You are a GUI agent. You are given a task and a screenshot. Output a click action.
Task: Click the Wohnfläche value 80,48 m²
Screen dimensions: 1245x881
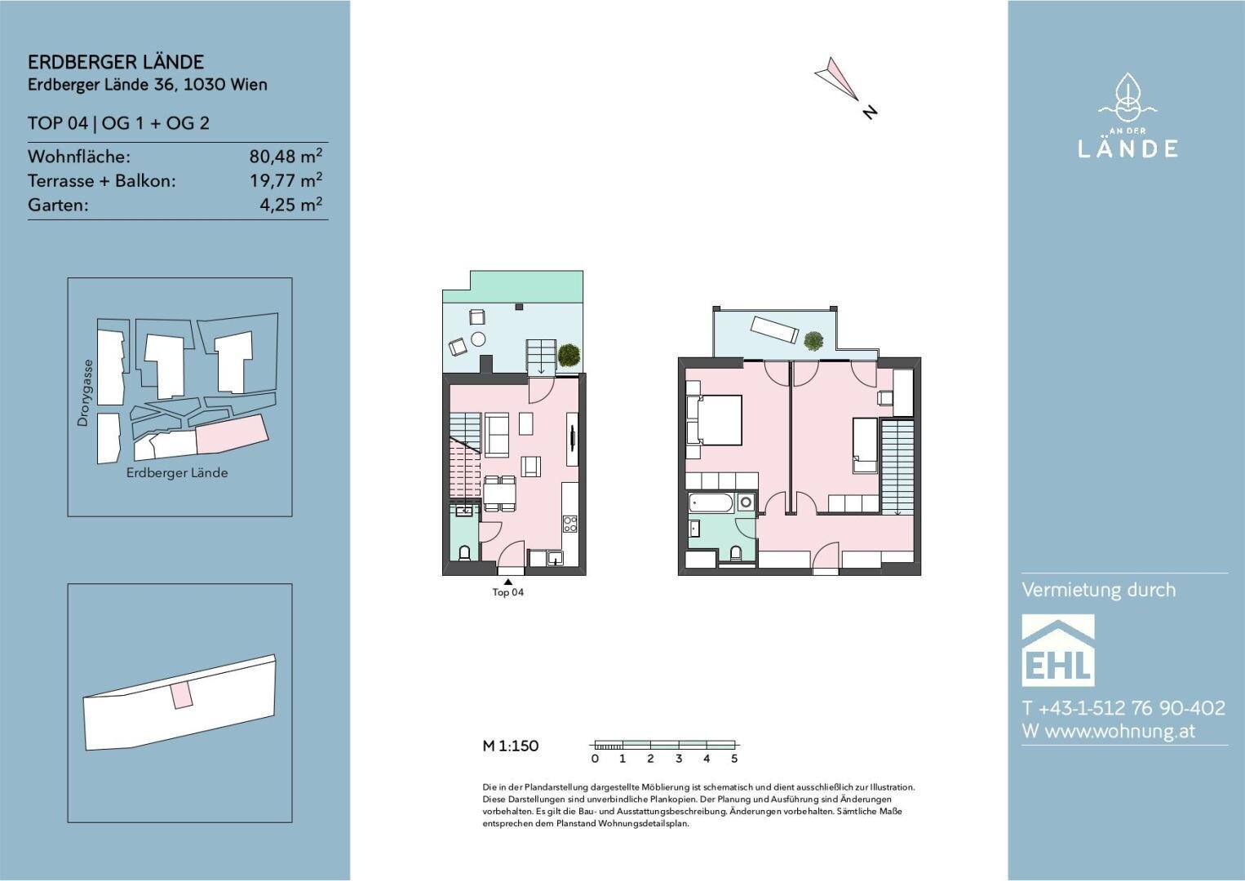286,156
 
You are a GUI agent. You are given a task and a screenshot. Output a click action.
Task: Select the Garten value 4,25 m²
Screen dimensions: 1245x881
290,204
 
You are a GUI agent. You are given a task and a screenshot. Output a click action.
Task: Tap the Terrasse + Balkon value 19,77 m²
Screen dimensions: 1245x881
286,180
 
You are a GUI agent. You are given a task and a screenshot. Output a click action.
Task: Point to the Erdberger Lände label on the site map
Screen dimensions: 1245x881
177,472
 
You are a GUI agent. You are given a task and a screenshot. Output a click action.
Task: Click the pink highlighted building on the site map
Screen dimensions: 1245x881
233,434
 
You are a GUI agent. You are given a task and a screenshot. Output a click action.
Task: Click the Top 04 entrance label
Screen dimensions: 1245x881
507,592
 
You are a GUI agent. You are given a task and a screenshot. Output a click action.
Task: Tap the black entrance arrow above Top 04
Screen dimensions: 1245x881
507,582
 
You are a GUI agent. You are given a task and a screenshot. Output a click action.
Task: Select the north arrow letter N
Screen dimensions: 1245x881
869,112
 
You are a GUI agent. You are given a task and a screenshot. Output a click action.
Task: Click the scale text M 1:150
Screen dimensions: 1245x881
510,746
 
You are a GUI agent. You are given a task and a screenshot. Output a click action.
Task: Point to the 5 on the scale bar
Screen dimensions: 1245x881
734,758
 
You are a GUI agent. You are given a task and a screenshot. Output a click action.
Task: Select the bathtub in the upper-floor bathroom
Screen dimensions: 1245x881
711,503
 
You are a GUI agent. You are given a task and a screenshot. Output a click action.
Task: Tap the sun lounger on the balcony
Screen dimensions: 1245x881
774,330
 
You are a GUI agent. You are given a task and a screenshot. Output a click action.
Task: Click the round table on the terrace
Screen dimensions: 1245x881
478,339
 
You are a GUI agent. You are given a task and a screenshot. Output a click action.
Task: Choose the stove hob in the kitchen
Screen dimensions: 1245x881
570,525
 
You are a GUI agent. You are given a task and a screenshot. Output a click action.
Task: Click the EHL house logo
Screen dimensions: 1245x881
1058,650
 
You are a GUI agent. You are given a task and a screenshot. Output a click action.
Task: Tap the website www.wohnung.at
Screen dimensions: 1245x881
1120,731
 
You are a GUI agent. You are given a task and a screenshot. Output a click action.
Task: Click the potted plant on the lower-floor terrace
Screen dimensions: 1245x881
569,355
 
